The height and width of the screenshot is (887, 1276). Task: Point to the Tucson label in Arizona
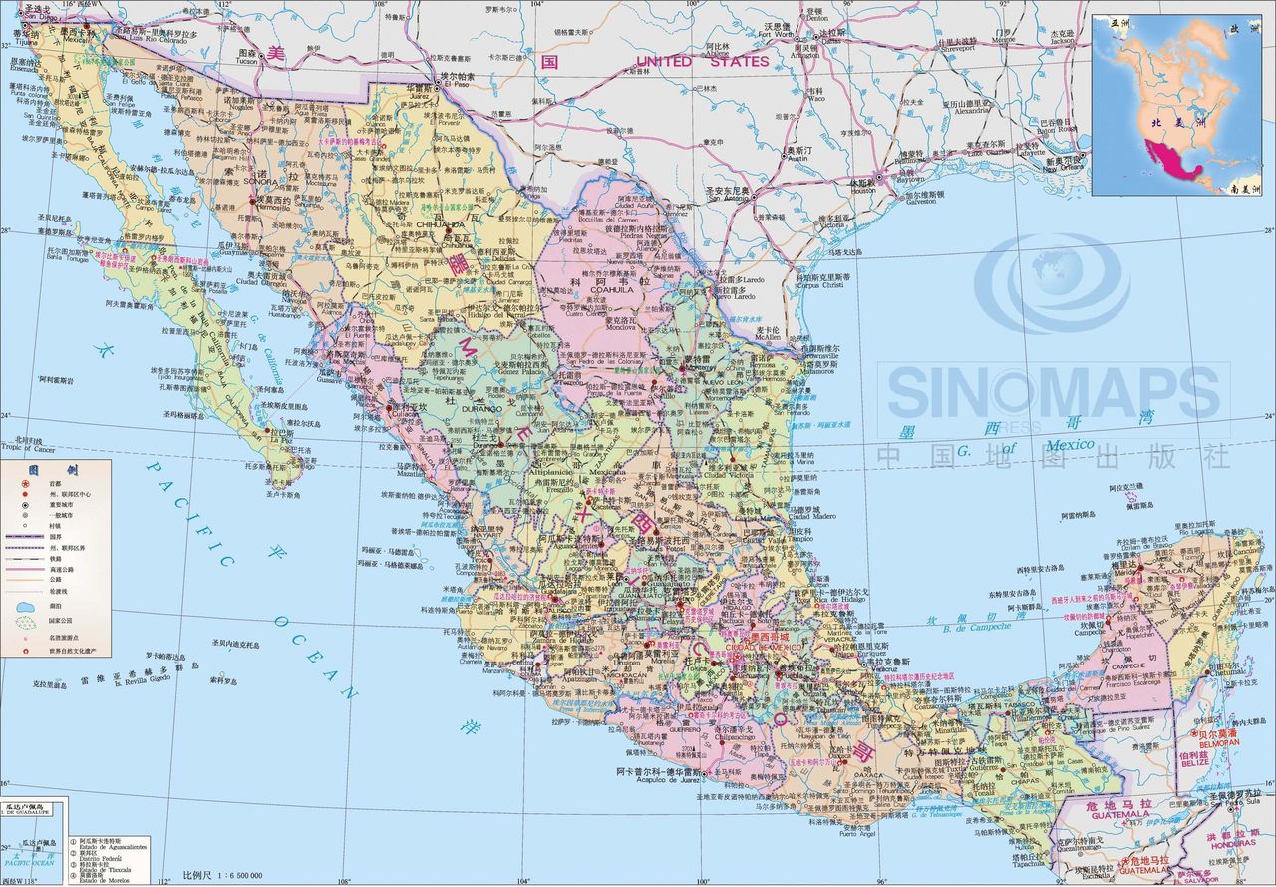click(246, 60)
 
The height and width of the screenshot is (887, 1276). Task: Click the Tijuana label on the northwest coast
click(22, 42)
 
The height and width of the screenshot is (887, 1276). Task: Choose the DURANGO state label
click(480, 408)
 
